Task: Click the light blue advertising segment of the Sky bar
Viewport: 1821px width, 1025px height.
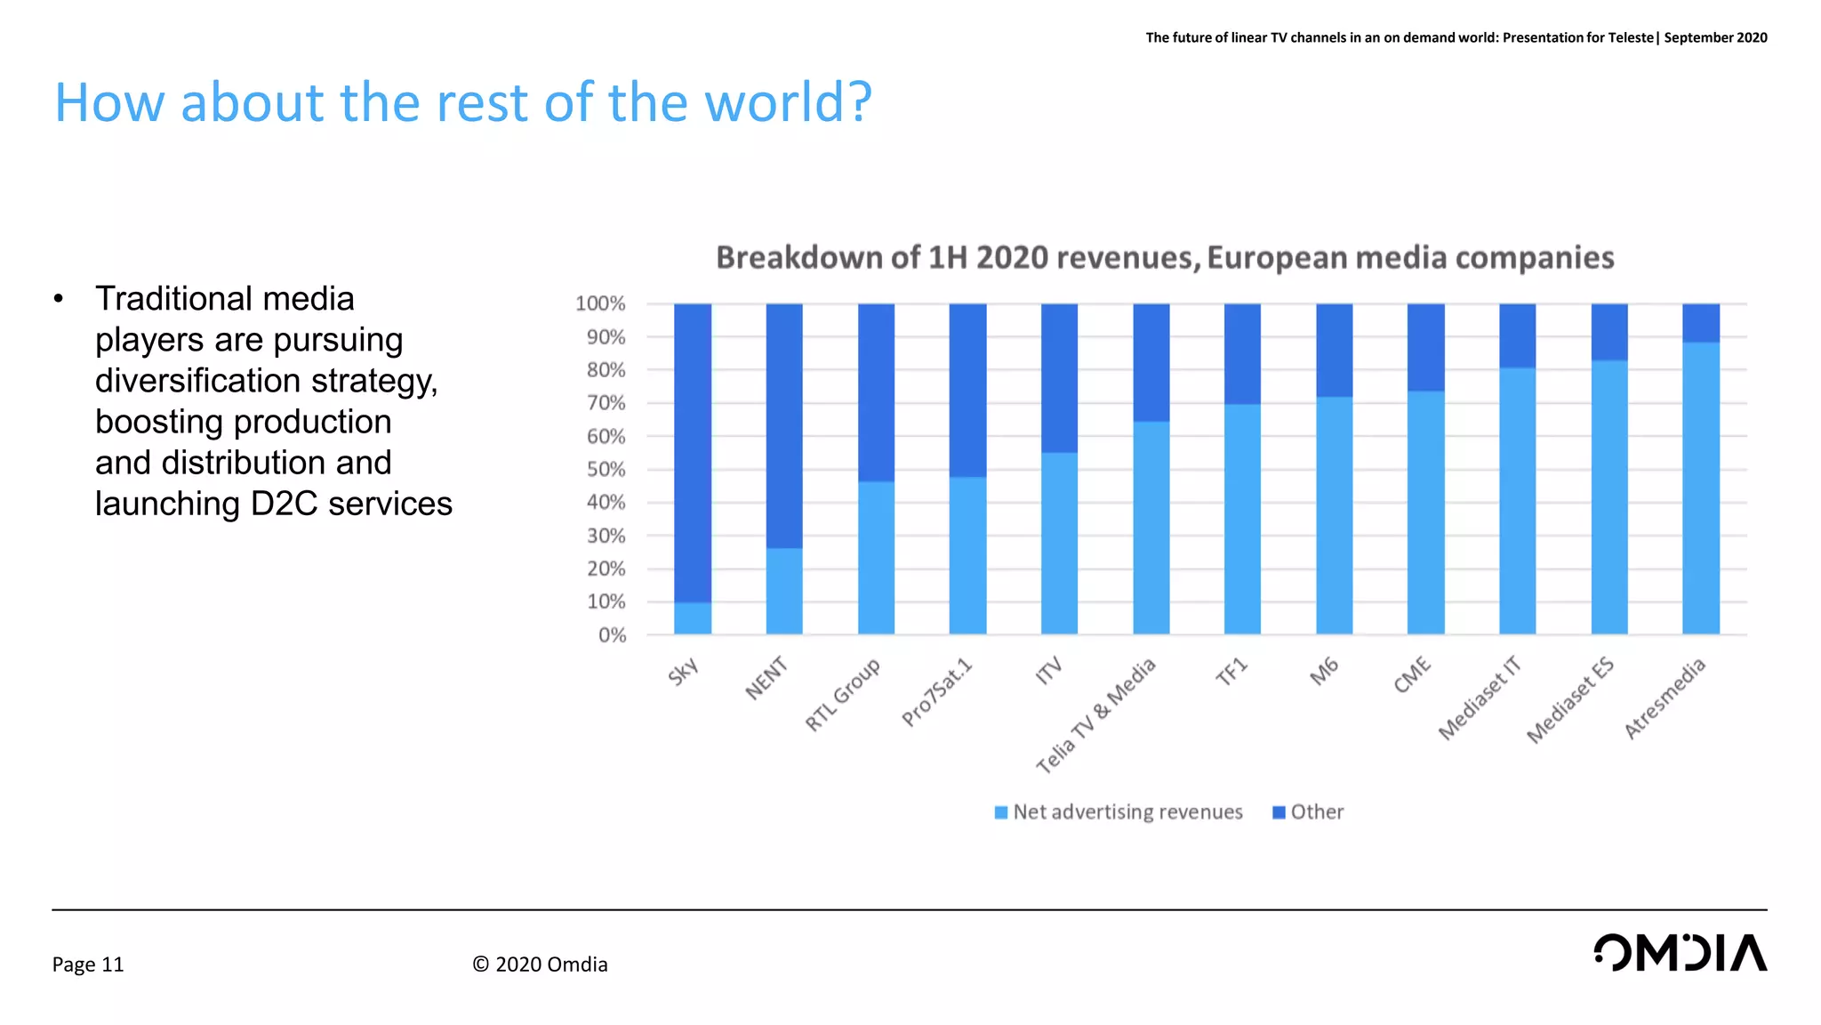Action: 692,618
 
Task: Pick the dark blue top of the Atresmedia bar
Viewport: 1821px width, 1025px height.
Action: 1700,323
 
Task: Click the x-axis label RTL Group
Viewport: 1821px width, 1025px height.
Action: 842,694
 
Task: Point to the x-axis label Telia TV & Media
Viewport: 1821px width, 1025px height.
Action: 1095,715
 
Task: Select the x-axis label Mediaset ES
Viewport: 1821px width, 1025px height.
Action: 1569,700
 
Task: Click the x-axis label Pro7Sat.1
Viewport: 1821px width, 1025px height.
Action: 937,692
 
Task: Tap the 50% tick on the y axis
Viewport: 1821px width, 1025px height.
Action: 606,470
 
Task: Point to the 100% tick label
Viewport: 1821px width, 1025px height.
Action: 600,303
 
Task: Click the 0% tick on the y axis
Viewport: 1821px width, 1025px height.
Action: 612,635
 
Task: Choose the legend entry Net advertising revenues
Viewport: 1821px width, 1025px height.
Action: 1118,811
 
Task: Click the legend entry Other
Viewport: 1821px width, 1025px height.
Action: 1308,811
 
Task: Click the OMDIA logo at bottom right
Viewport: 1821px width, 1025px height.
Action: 1679,953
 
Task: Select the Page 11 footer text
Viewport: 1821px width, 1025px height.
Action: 88,964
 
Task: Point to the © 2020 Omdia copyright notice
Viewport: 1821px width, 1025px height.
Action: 540,964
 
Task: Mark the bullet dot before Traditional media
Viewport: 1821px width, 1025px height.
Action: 58,299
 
